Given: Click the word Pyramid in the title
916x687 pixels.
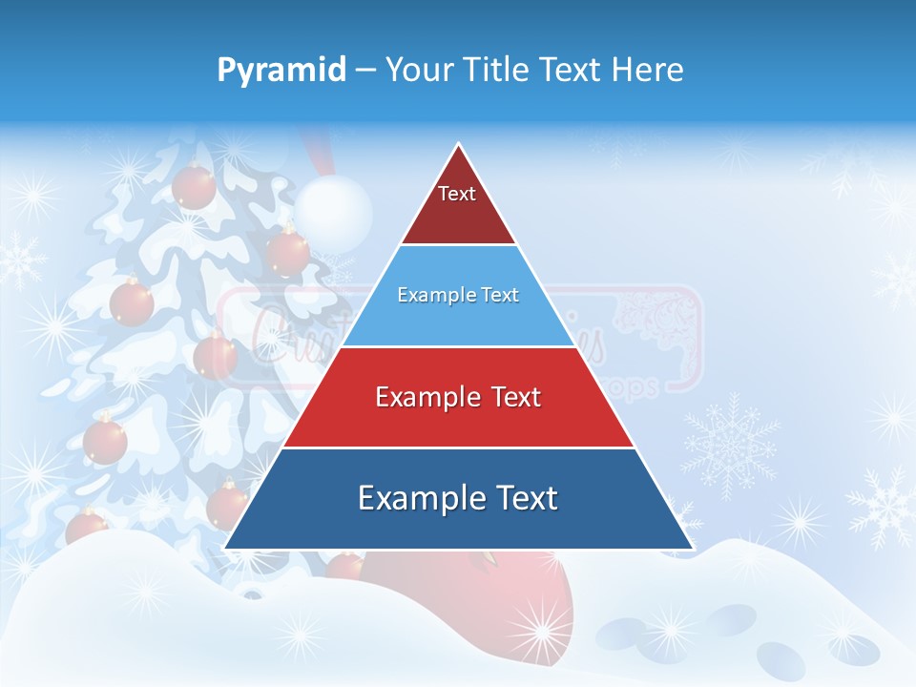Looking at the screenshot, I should click(x=281, y=71).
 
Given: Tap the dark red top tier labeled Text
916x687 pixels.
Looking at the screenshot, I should click(x=458, y=205).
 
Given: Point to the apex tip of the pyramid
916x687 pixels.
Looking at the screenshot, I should click(x=459, y=145).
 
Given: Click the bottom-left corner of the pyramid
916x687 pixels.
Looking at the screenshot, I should click(x=226, y=548).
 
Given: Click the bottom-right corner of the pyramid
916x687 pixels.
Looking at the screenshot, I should click(x=692, y=548).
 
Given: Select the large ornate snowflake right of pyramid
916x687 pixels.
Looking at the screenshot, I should click(x=730, y=444).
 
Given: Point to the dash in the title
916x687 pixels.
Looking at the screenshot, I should click(x=365, y=71).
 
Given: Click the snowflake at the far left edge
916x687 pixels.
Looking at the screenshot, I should click(x=19, y=260).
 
